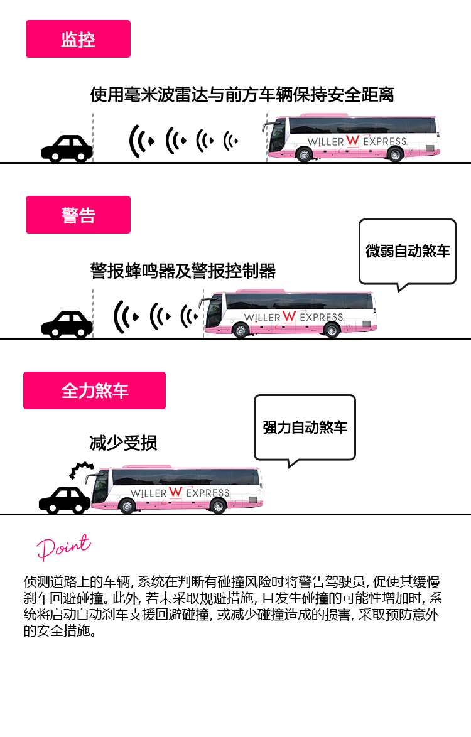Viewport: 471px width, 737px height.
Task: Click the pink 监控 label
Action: [x=78, y=39]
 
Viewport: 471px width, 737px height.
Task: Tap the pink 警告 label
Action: [x=78, y=215]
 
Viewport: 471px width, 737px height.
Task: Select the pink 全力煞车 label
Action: [x=94, y=390]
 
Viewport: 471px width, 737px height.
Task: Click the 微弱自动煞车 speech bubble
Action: [x=408, y=254]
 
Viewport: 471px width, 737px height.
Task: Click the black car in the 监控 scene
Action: [x=67, y=149]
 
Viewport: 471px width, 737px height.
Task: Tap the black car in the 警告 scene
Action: [x=67, y=325]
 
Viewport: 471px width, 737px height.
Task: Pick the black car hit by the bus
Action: [x=65, y=500]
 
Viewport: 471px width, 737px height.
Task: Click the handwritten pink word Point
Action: [x=63, y=547]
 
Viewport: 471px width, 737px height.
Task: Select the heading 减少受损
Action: [x=123, y=443]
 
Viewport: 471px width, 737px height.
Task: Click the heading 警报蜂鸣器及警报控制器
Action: [x=183, y=271]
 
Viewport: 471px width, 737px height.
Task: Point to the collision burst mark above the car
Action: [x=81, y=470]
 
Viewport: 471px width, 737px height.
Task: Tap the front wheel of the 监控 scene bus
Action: [x=305, y=154]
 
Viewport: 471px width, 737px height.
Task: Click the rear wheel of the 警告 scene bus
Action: [x=332, y=330]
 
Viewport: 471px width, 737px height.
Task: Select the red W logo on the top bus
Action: [x=352, y=140]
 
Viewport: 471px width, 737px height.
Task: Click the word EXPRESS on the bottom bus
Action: [x=208, y=493]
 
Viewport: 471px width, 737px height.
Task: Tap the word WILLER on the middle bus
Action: [x=263, y=318]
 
